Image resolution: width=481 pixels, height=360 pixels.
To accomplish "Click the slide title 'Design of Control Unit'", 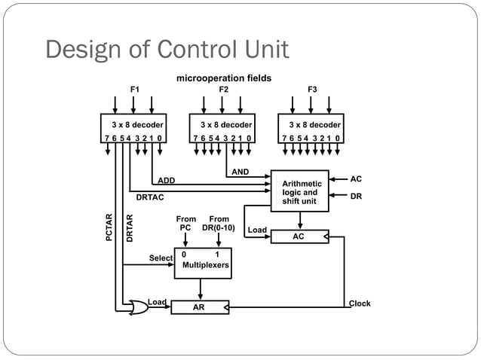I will (x=167, y=50).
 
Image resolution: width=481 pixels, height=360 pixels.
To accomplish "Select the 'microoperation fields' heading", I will (x=223, y=78).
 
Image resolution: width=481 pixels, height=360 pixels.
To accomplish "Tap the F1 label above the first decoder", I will (x=135, y=90).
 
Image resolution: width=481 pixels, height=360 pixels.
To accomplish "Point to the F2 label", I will (x=223, y=90).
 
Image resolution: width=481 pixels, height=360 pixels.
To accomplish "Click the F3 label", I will (x=312, y=90).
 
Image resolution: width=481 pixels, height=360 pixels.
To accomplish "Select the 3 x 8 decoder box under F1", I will (x=134, y=129).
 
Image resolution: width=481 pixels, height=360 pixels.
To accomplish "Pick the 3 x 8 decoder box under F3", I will (x=311, y=129).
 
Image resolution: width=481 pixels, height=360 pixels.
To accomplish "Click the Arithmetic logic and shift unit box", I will (x=300, y=191).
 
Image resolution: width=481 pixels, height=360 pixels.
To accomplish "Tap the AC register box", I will (x=300, y=236).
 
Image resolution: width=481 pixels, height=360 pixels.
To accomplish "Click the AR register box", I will (x=200, y=307).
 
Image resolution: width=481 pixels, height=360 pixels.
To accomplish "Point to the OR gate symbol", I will (x=138, y=307).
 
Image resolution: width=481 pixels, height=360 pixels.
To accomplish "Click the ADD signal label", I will (x=166, y=181).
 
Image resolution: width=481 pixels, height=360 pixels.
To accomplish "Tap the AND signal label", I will (x=240, y=172).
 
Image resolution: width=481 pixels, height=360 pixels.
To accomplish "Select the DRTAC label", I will (x=150, y=198).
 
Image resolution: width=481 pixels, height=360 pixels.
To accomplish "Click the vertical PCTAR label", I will (x=110, y=228).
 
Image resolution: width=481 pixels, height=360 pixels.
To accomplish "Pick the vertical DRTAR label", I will (x=130, y=228).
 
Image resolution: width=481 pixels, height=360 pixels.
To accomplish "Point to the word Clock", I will (x=360, y=304).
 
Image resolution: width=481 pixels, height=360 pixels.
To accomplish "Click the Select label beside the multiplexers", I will (x=161, y=258).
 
